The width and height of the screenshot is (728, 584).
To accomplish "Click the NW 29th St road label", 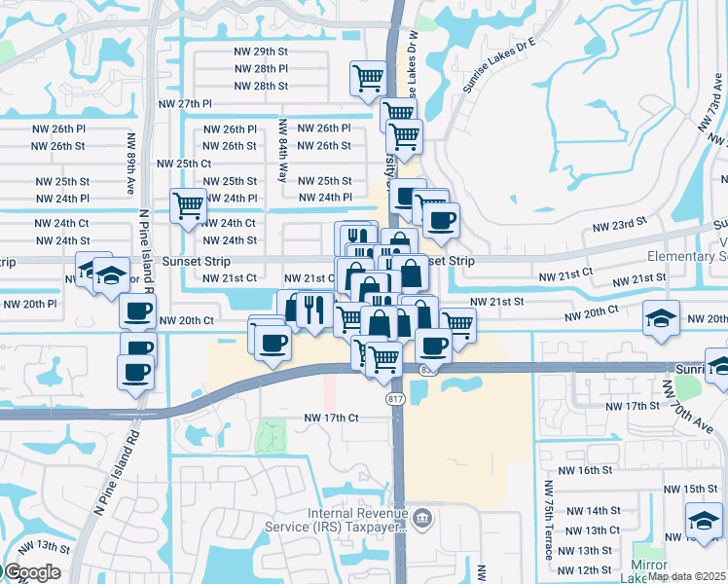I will tap(261, 51).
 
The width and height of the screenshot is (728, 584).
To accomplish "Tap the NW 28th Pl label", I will tap(261, 69).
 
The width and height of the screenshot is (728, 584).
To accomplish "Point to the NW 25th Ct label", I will tap(184, 164).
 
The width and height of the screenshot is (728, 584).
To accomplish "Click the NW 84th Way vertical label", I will tap(283, 150).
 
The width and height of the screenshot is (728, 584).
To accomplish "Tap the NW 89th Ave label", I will tap(131, 164).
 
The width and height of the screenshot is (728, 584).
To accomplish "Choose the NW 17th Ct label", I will tap(332, 419).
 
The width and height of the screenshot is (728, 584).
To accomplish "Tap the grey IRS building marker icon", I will tap(421, 516).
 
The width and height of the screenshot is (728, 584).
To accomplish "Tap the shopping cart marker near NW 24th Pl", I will tap(187, 204).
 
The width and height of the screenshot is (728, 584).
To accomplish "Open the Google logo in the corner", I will tap(32, 572).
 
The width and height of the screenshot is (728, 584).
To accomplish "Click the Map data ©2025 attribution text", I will tap(686, 576).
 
